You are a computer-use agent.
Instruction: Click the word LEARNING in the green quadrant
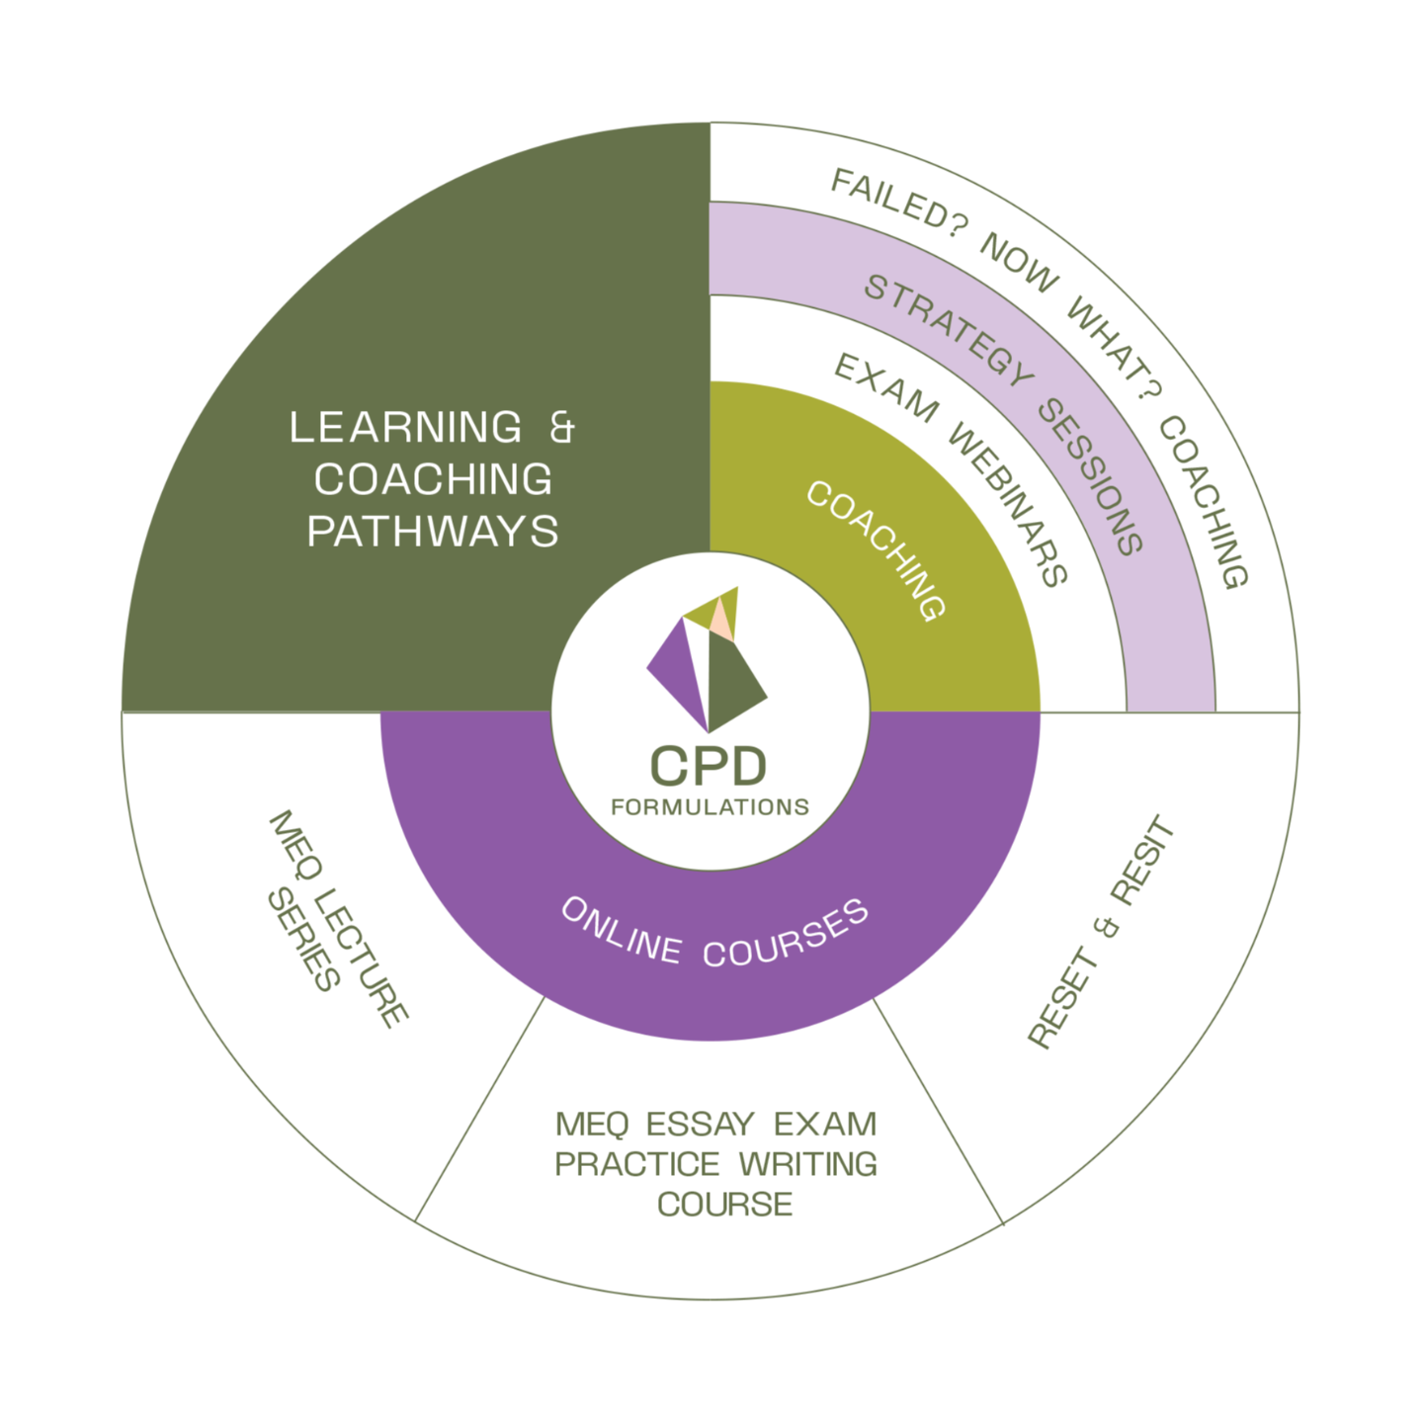point(405,428)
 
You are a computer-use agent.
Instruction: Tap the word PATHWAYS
point(433,532)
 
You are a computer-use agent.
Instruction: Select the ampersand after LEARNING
point(560,428)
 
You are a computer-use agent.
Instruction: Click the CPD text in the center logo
point(708,766)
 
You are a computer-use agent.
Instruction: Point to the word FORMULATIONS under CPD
point(710,807)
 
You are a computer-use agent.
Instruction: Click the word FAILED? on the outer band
point(889,202)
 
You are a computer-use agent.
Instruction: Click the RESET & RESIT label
point(1101,933)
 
